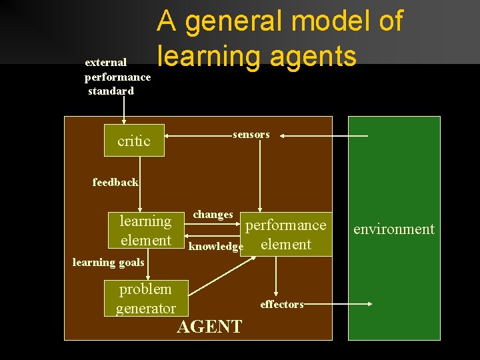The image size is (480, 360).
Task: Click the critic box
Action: coord(135,141)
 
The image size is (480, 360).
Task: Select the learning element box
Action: coord(145,231)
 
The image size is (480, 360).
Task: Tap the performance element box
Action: coord(287,234)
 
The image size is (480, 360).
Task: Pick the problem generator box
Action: coord(145,298)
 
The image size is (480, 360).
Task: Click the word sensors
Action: coord(251,135)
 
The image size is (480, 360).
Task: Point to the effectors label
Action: coord(281,305)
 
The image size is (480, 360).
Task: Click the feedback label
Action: coord(115,182)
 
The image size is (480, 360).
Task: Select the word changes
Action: coord(213,215)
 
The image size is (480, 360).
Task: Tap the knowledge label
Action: coord(216,247)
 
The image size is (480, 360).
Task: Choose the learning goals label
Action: coord(108,262)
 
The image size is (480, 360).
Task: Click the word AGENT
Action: coord(209,327)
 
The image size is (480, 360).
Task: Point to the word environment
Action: coord(394,229)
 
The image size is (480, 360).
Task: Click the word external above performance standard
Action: coord(106,62)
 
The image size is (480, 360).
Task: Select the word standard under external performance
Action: coord(111,91)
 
